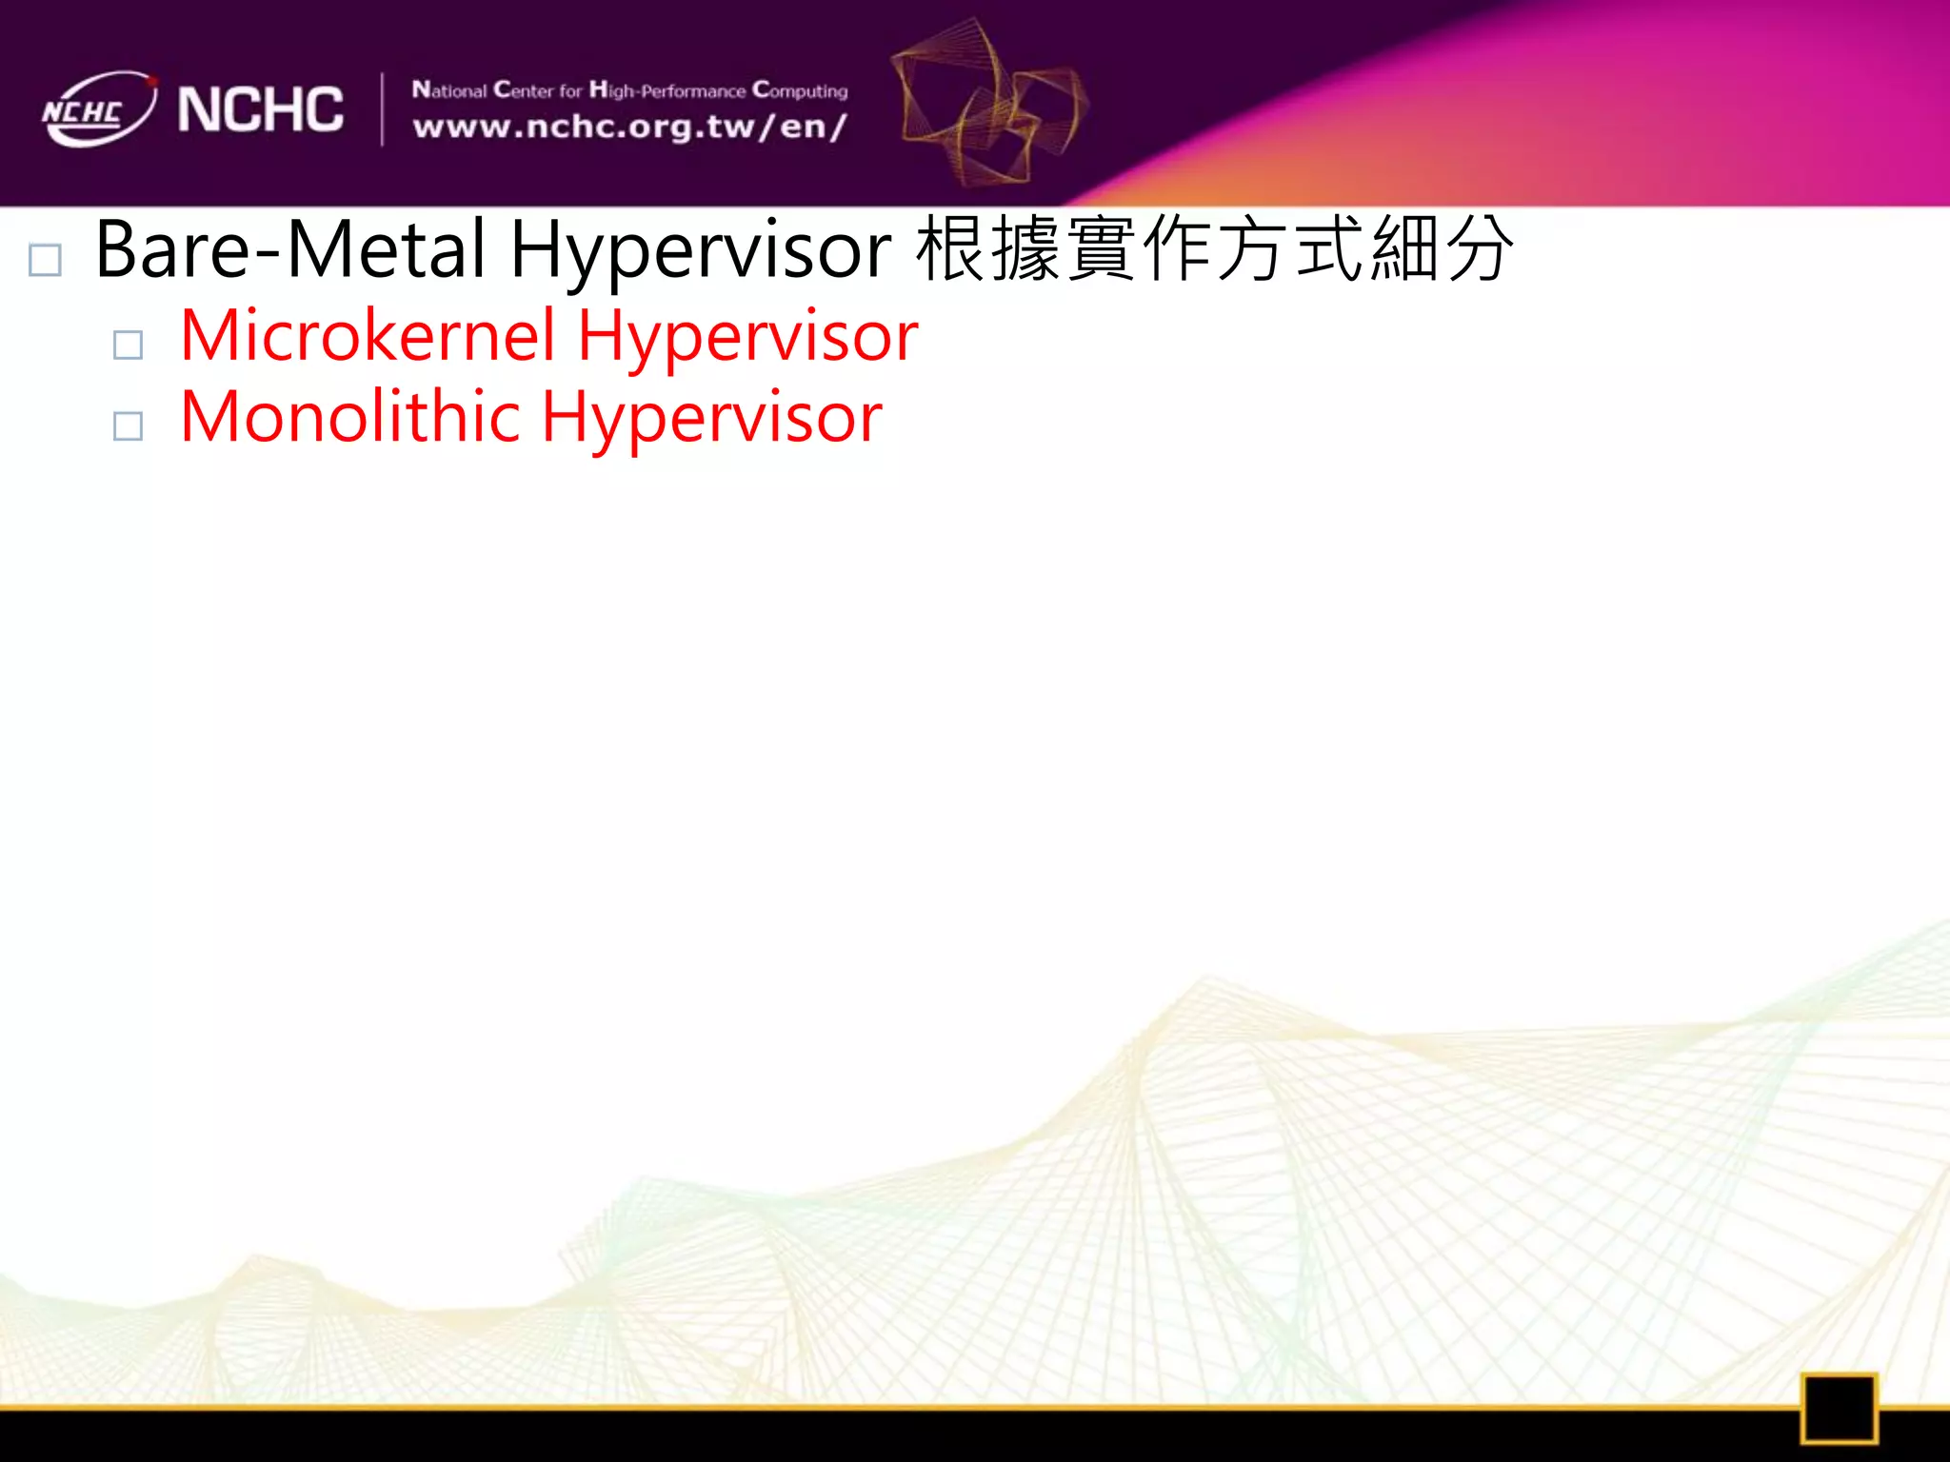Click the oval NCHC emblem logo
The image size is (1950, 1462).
[x=98, y=109]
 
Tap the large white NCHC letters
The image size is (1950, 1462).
[x=260, y=109]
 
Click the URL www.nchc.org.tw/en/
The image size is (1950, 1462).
[x=628, y=127]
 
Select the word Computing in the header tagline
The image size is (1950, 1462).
[x=800, y=91]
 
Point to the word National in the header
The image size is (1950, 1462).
[x=449, y=90]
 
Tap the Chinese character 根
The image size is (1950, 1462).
[x=951, y=249]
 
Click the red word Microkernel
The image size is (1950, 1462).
[x=368, y=336]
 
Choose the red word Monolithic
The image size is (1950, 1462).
[x=349, y=417]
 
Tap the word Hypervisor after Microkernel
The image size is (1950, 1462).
[x=748, y=338]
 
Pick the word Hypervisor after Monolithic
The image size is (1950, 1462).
[x=712, y=419]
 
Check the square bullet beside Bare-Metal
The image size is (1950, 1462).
[x=46, y=260]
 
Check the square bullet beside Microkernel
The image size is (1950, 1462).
[x=128, y=345]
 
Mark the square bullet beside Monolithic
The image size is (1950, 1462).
[x=128, y=425]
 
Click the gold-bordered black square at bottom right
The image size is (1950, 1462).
[x=1839, y=1408]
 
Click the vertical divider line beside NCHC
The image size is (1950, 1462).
[x=383, y=109]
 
